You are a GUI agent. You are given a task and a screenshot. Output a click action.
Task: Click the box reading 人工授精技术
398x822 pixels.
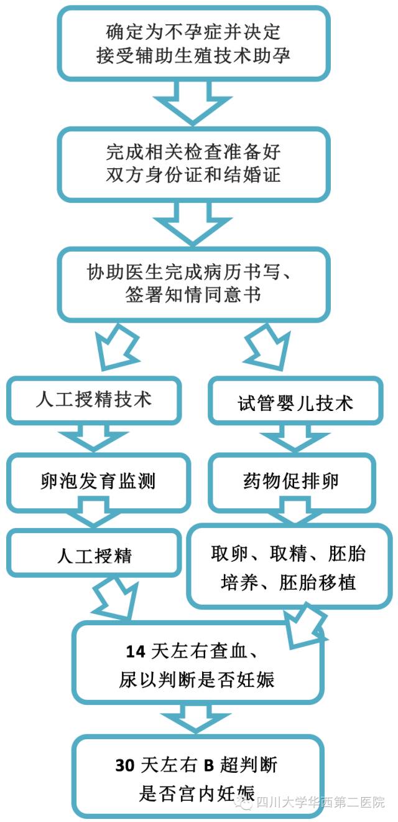93,399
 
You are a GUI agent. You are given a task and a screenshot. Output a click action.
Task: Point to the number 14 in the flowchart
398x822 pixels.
135,651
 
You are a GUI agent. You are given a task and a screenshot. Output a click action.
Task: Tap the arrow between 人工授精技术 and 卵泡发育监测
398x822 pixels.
93,438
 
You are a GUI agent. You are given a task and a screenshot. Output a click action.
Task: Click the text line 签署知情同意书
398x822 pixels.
193,294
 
